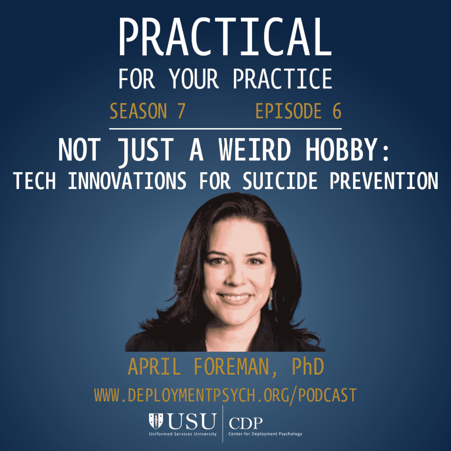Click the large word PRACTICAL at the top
tap(225, 37)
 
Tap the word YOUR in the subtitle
tap(194, 79)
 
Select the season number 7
tap(181, 111)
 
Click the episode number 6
tap(337, 111)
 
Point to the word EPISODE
tap(288, 111)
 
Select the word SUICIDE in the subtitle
tap(280, 181)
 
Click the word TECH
tap(34, 181)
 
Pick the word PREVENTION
tap(384, 181)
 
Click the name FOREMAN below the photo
tap(232, 367)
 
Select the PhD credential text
tap(308, 367)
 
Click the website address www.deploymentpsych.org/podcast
tap(225, 395)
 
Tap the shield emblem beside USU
tap(156, 421)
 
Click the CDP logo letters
tap(246, 423)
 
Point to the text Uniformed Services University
tap(183, 434)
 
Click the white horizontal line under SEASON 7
tap(225, 129)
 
